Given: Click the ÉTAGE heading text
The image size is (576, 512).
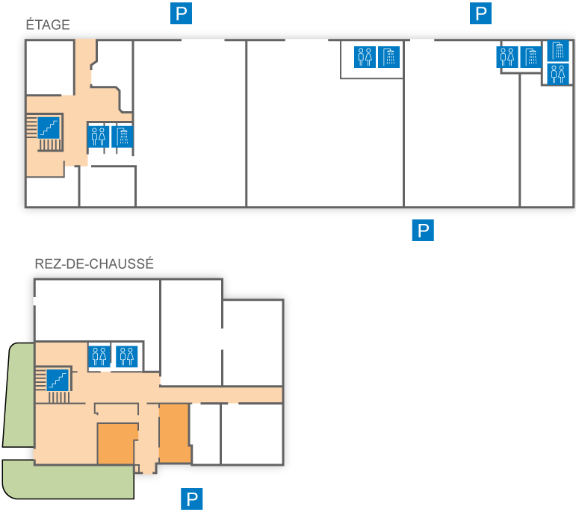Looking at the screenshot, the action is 48,25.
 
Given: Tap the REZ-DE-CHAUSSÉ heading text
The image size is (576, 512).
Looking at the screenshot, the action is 94,263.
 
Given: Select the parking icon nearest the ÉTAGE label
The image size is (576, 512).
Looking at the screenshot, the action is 182,13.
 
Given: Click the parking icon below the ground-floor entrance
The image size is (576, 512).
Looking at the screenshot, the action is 193,499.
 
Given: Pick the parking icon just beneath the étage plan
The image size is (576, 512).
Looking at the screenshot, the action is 423,230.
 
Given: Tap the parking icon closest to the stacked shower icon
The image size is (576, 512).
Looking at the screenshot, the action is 481,13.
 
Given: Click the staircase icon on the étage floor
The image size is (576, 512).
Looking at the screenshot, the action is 49,127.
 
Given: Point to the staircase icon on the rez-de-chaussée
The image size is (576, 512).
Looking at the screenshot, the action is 58,380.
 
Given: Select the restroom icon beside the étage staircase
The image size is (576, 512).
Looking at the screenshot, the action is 99,137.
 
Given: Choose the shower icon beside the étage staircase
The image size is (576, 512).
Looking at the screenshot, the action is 122,137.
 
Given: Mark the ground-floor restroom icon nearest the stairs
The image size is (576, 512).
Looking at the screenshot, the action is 99,355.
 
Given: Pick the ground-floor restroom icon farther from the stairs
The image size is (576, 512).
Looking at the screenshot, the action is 126,355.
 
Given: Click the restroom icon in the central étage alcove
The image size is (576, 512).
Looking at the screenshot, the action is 365,57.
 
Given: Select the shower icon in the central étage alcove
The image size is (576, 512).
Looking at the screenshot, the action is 388,57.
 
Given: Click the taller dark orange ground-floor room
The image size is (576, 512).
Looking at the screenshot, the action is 174,433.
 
